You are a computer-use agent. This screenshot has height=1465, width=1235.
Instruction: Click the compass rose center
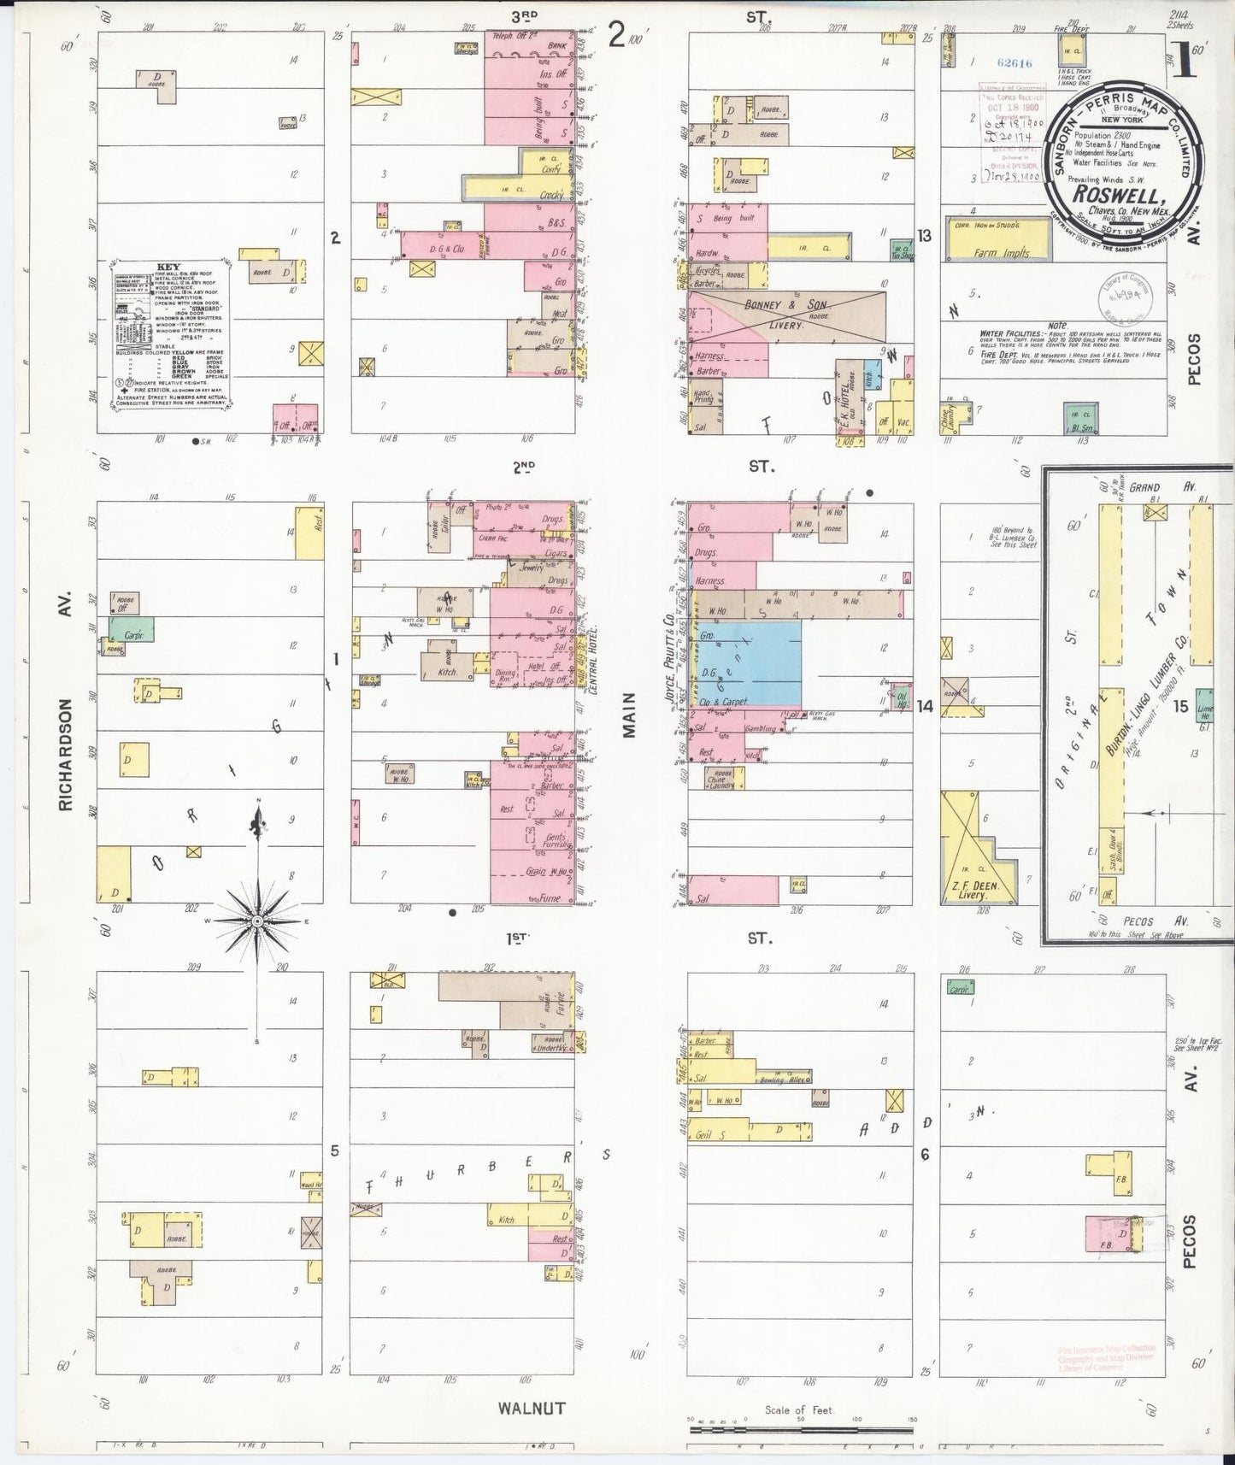tap(257, 921)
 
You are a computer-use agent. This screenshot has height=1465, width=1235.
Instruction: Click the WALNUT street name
tap(533, 1408)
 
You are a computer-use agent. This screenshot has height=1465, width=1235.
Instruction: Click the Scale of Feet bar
tap(801, 1423)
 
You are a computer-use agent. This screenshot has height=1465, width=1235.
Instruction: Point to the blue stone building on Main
tap(760, 662)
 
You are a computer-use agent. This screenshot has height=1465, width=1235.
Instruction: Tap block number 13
tap(924, 236)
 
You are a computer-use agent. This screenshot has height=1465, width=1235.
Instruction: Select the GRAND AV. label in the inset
tap(1150, 487)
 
